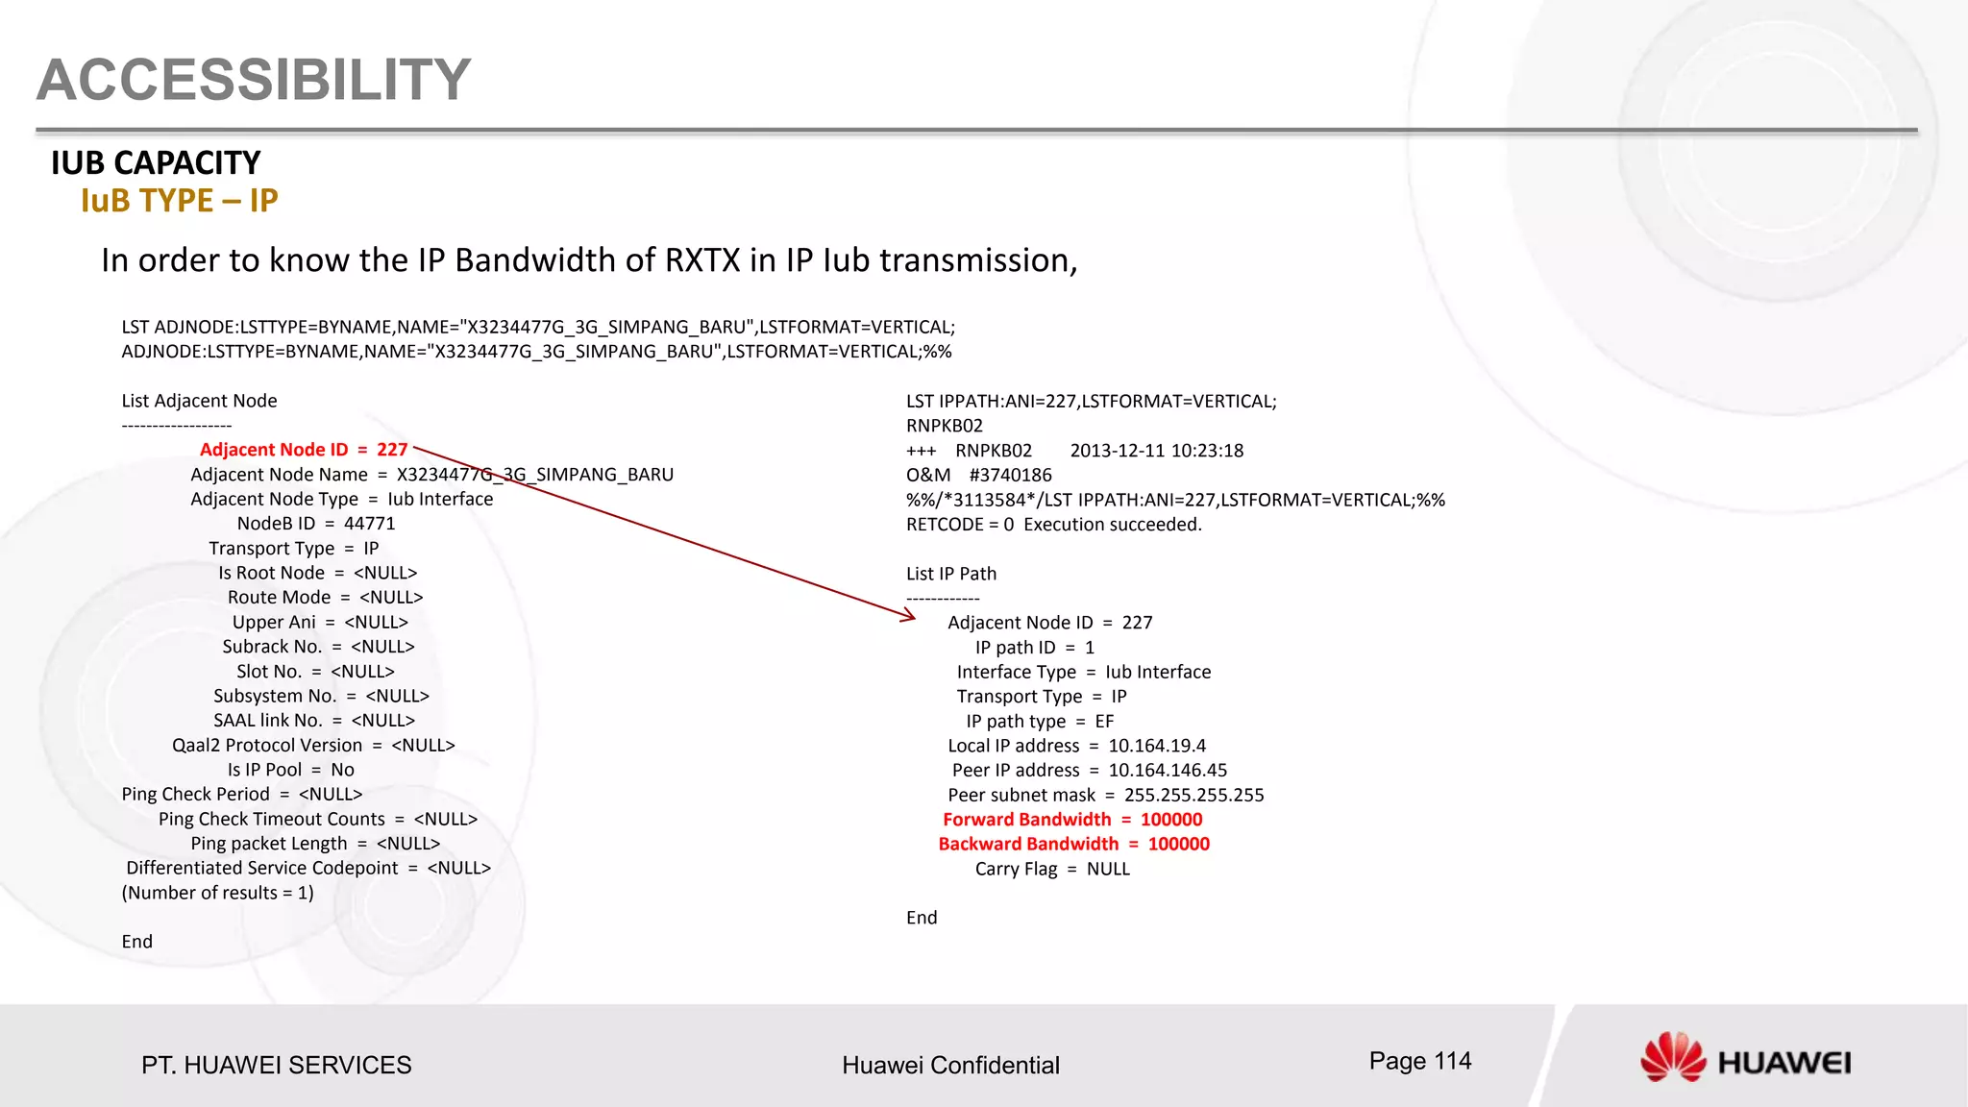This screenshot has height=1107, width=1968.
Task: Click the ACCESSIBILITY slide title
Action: (254, 80)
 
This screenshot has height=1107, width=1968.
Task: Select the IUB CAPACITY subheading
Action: (156, 163)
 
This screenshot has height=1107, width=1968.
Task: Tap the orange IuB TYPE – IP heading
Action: (180, 201)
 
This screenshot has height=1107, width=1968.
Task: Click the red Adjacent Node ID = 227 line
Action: (304, 450)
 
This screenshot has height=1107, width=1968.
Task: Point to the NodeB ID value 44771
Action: (370, 524)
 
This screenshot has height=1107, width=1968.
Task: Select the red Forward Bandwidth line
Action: (1072, 820)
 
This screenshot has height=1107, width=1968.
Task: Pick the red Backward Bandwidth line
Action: (1074, 844)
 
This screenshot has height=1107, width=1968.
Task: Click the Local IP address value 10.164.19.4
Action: (1157, 746)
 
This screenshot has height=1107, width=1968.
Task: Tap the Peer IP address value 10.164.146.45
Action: (1168, 771)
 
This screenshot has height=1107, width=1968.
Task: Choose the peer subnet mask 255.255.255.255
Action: (1193, 795)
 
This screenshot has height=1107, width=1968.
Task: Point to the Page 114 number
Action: (1420, 1061)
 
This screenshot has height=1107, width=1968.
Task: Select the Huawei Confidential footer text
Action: (950, 1065)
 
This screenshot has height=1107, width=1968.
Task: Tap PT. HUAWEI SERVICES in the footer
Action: (277, 1065)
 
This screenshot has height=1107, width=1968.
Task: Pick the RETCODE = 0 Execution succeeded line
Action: (1054, 525)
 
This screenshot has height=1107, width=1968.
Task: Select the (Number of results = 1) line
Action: (218, 893)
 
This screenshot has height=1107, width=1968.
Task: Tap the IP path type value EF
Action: (1104, 722)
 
